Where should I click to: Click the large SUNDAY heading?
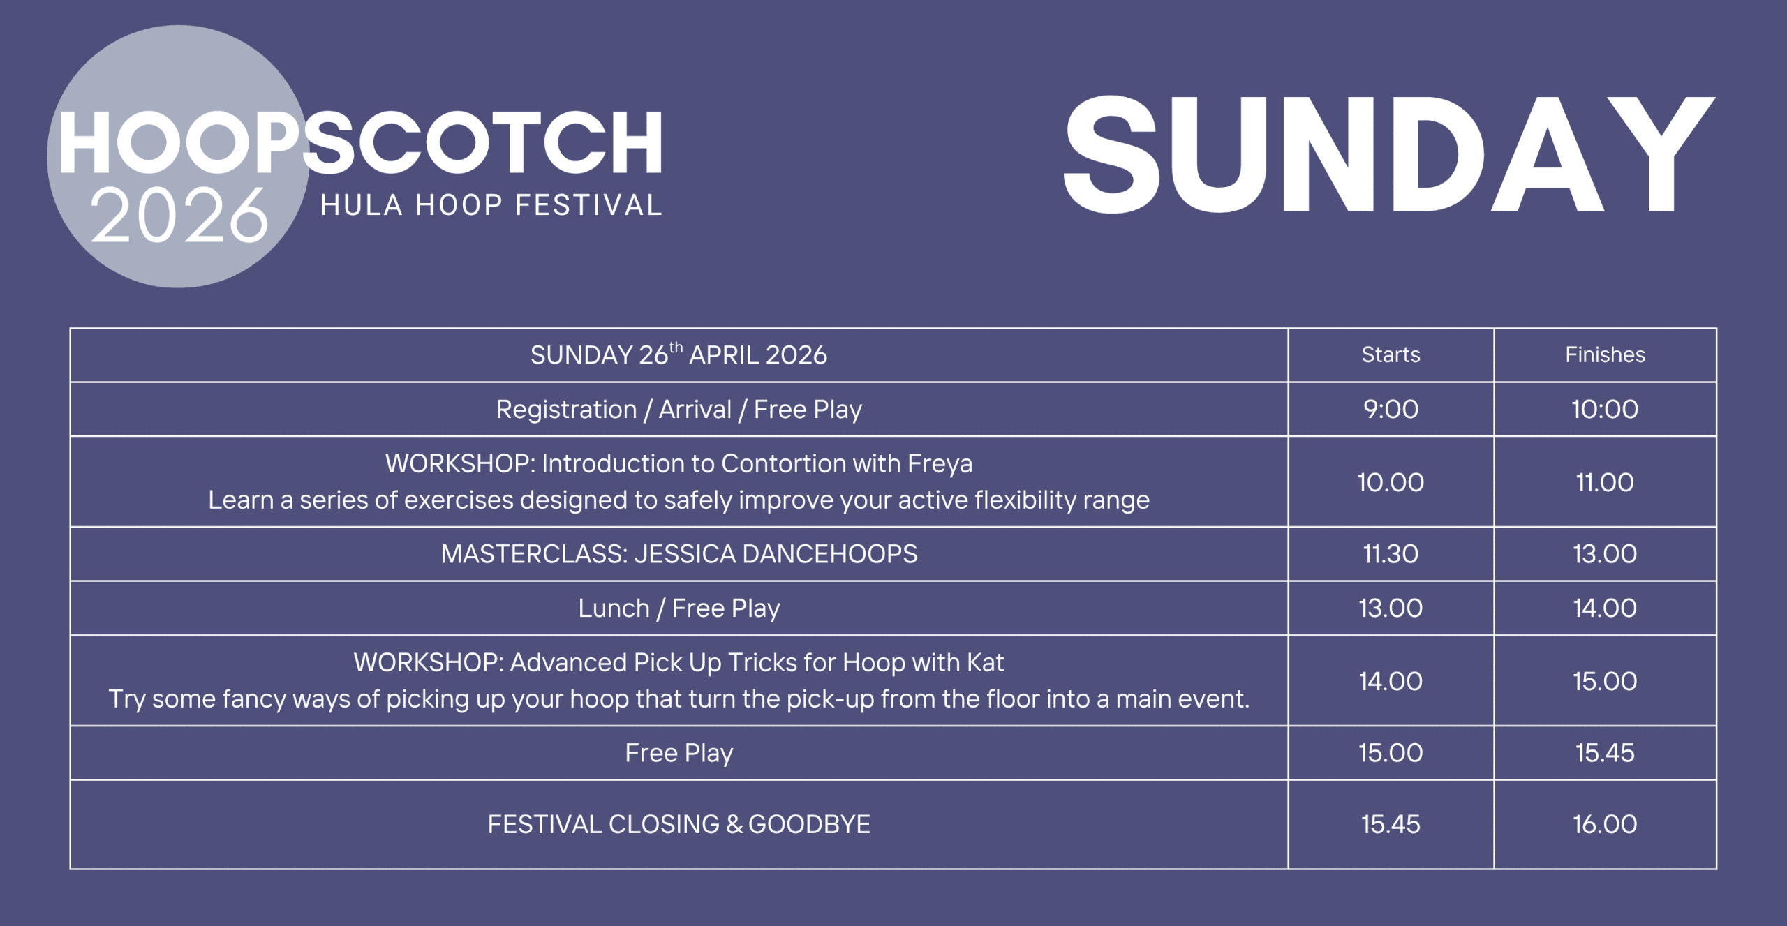coord(1388,154)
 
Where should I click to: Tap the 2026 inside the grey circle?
coord(179,216)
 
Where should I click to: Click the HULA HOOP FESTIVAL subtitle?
coord(491,205)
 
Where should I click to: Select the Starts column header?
coord(1391,354)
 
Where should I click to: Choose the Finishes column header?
coord(1605,354)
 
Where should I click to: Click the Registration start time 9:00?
coord(1391,409)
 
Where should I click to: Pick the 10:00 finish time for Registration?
coord(1605,409)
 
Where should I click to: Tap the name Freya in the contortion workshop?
coord(940,464)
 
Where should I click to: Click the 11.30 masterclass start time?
coord(1391,554)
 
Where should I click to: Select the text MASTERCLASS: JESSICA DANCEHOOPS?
coord(679,554)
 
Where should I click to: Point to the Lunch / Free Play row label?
coord(679,608)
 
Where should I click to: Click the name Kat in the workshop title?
coord(985,662)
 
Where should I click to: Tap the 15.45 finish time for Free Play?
coord(1605,753)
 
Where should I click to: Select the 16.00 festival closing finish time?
coord(1605,824)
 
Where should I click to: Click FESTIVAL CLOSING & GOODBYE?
coord(679,824)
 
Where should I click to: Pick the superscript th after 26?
coord(676,347)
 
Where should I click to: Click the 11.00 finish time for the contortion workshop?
coord(1605,482)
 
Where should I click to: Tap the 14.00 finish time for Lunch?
coord(1605,608)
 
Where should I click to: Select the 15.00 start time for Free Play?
coord(1391,753)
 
